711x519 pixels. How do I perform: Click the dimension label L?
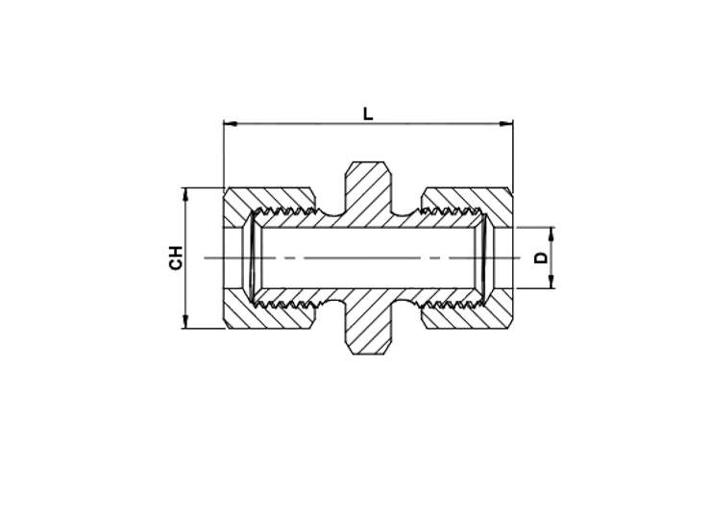[368, 113]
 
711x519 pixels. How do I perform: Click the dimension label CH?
[176, 258]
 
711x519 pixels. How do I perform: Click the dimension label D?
[541, 259]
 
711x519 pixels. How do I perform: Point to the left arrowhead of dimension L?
[231, 123]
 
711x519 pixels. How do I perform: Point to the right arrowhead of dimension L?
[506, 123]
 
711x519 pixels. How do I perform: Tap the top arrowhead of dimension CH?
[185, 195]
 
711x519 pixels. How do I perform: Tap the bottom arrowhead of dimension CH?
[185, 322]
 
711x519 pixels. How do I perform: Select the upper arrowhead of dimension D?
[552, 235]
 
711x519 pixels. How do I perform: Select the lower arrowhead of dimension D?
[552, 282]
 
